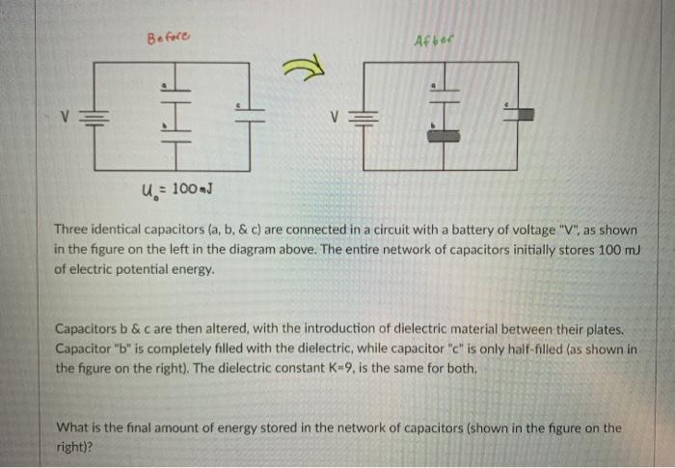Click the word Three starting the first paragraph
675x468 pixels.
pos(72,230)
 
